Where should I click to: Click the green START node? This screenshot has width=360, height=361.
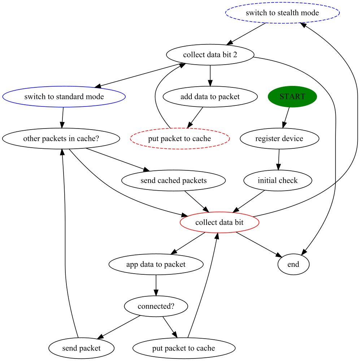pyautogui.click(x=292, y=97)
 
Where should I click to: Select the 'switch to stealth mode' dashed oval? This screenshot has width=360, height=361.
pyautogui.click(x=282, y=13)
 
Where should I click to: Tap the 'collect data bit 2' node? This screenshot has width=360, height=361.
pyautogui.click(x=210, y=55)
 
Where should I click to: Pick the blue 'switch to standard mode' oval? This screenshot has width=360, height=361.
pyautogui.click(x=64, y=97)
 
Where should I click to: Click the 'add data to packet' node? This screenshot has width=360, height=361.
pyautogui.click(x=210, y=97)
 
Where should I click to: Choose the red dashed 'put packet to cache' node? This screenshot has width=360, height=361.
pyautogui.click(x=179, y=139)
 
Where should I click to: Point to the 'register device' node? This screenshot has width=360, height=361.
pyautogui.click(x=279, y=139)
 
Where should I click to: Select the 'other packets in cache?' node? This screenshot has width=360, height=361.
pyautogui.click(x=61, y=139)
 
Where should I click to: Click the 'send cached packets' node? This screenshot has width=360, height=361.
pyautogui.click(x=174, y=180)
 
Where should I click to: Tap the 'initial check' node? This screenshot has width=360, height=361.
pyautogui.click(x=278, y=180)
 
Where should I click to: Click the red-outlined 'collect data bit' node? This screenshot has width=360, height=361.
pyautogui.click(x=220, y=222)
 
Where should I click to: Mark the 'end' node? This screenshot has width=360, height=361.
pyautogui.click(x=293, y=264)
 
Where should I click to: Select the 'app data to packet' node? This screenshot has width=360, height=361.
pyautogui.click(x=156, y=264)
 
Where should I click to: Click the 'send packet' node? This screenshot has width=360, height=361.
pyautogui.click(x=81, y=348)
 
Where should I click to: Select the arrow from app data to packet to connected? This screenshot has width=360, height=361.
pyautogui.click(x=156, y=285)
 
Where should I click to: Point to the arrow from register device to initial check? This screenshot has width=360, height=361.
pyautogui.click(x=278, y=159)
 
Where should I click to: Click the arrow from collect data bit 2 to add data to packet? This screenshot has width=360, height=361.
pyautogui.click(x=210, y=75)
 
